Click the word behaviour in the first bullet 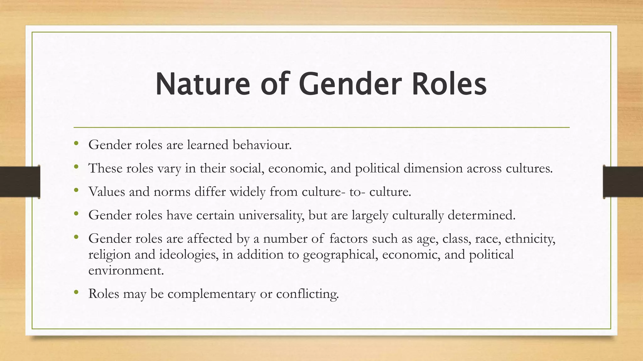262,145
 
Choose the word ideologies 189,254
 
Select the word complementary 211,294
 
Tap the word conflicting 307,294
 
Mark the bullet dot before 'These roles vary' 76,167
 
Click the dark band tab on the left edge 20,182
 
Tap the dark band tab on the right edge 623,182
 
